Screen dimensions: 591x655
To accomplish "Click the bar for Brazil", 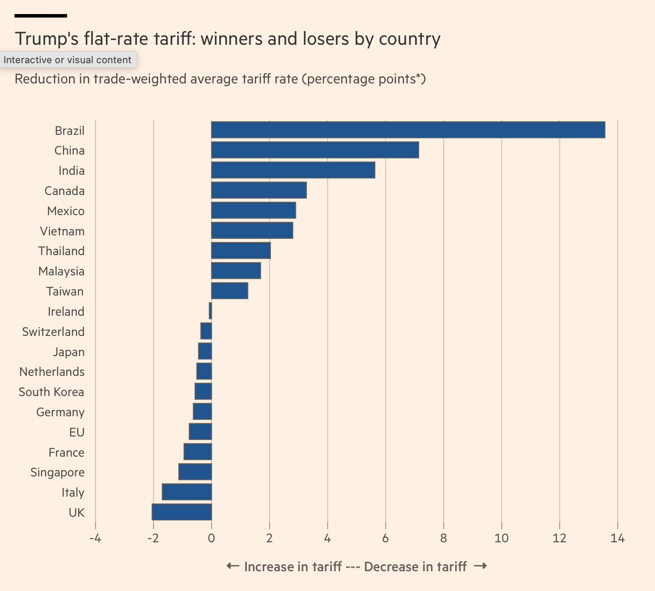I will click(x=408, y=130).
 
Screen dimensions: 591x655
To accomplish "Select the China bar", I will click(x=315, y=150).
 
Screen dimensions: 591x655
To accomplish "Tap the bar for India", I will click(x=293, y=170).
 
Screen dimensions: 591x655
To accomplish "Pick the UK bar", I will click(x=182, y=512).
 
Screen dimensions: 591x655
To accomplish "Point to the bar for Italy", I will click(x=187, y=492).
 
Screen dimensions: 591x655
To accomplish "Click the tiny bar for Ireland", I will click(x=210, y=311).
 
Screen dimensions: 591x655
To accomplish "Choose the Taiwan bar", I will click(x=230, y=291).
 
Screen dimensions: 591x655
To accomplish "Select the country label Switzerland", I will click(x=53, y=332).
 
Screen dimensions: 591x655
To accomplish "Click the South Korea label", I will click(x=51, y=392).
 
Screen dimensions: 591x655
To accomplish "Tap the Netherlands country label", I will click(x=52, y=371).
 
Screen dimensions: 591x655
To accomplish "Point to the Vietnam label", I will click(x=62, y=231).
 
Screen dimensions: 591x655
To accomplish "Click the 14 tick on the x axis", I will click(x=617, y=538).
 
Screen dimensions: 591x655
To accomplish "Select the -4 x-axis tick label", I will click(x=95, y=538).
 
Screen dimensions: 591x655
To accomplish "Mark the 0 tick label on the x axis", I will click(x=211, y=538).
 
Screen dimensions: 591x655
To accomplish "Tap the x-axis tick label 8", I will click(x=443, y=538).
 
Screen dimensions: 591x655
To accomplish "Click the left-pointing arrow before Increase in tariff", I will click(x=233, y=566).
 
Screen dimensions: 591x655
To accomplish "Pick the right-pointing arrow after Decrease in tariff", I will click(x=481, y=566).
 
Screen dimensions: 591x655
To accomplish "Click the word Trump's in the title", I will click(x=47, y=39).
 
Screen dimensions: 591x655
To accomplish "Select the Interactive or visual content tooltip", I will click(x=68, y=60).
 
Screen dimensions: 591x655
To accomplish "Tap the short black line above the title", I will click(x=41, y=16).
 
